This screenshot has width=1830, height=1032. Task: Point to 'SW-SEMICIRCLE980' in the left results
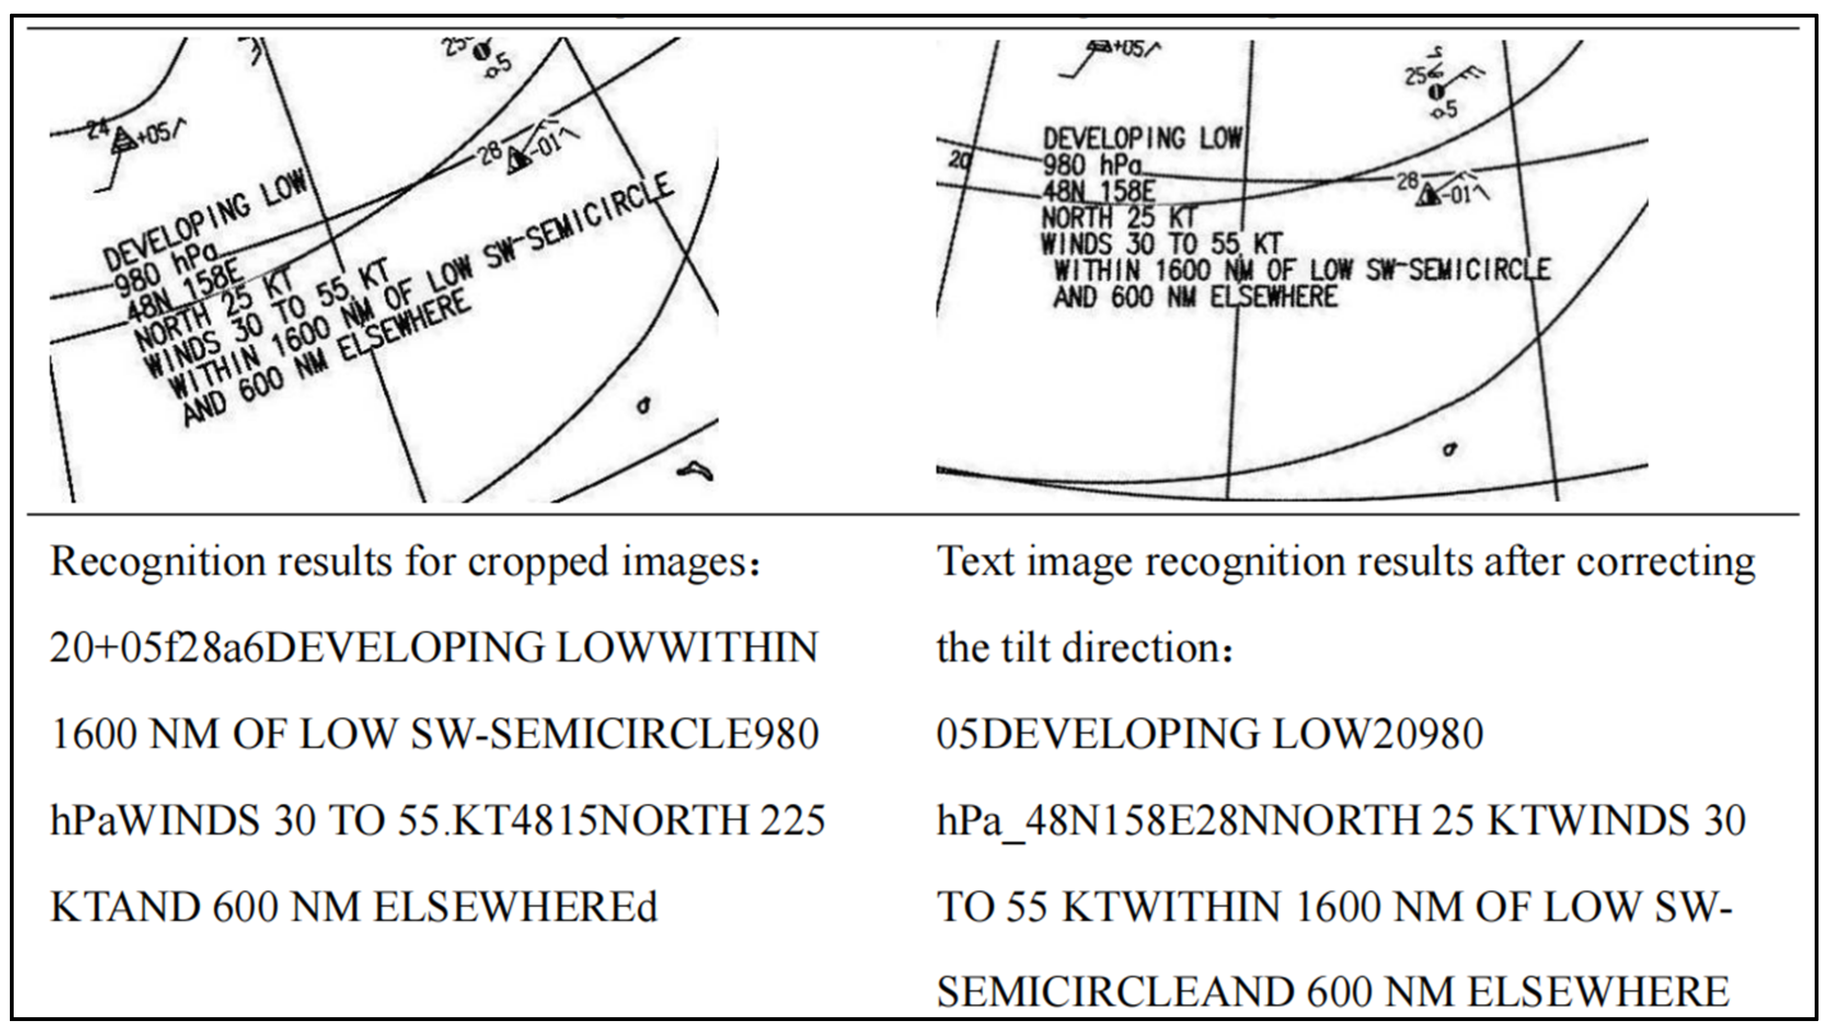pyautogui.click(x=615, y=734)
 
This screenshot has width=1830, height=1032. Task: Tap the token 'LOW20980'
pyautogui.click(x=1377, y=734)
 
